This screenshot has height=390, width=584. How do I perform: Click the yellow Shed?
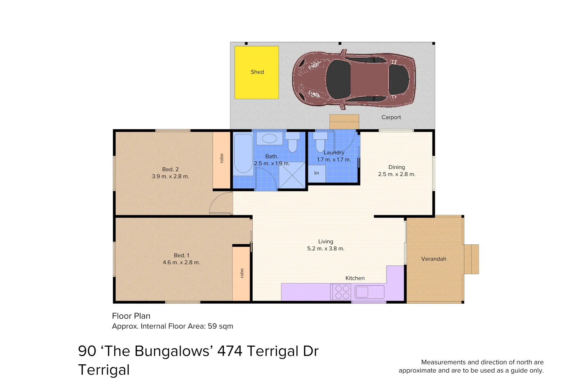(256, 72)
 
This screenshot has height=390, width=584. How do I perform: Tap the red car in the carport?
(353, 79)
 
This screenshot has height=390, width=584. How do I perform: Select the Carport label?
(391, 117)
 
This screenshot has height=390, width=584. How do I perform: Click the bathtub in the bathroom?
(243, 154)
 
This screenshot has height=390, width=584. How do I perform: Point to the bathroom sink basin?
(269, 138)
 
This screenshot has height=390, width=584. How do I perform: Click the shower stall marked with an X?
(292, 175)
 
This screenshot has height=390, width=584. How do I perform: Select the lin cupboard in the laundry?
(317, 173)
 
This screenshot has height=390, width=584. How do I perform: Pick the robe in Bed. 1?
(241, 273)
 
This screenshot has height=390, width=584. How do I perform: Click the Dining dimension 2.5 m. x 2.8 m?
(397, 174)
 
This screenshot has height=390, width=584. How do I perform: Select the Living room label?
(326, 242)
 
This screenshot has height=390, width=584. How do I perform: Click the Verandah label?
(433, 259)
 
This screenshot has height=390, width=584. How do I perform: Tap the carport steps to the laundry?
(344, 122)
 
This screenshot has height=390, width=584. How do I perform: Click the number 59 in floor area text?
(212, 326)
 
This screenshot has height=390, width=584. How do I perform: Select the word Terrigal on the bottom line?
(104, 370)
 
